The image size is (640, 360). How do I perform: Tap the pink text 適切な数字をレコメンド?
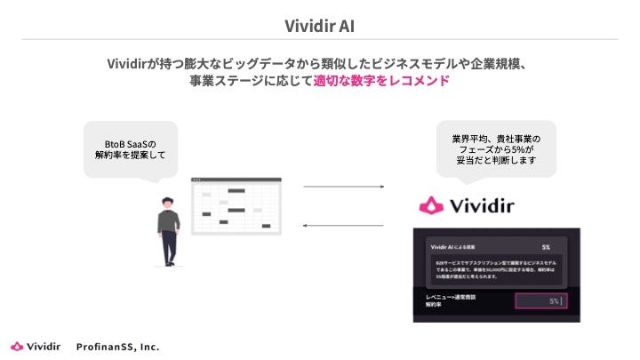click(381, 81)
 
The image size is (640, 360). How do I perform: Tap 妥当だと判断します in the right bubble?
click(497, 163)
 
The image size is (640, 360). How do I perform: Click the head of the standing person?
click(167, 202)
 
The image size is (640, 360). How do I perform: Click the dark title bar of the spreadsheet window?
click(236, 181)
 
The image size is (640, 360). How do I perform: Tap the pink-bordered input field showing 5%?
click(542, 301)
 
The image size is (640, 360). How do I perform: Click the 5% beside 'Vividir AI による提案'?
click(546, 246)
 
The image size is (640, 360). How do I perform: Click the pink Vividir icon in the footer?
click(17, 346)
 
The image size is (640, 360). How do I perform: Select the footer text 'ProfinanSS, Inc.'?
click(117, 346)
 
